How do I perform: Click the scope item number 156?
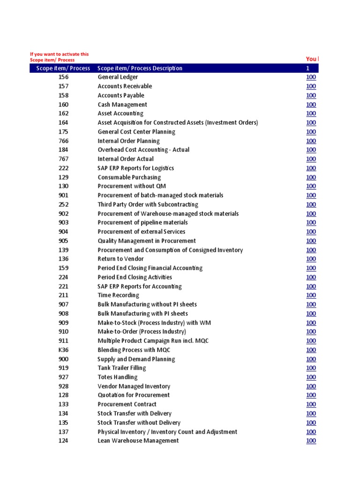point(63,77)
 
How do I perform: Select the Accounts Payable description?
point(121,96)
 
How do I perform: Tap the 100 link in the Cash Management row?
point(311,105)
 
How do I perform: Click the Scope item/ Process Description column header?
point(140,68)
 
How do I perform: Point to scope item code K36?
point(63,350)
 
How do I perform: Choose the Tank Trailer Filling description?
point(121,368)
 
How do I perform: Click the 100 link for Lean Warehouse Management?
point(311,441)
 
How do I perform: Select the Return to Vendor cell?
point(120,259)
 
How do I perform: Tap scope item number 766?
point(63,141)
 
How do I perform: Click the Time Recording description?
point(118,295)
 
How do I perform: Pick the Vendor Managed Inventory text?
point(134,386)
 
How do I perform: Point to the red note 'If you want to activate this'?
point(59,54)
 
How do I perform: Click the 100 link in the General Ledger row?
point(311,77)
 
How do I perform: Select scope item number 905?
point(63,241)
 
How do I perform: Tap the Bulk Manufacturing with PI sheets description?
point(142,314)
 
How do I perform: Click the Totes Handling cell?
point(117,377)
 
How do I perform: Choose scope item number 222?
point(63,168)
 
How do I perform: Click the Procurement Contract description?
point(127,405)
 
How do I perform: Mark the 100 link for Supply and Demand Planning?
point(311,359)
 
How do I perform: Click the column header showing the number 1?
point(307,68)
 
